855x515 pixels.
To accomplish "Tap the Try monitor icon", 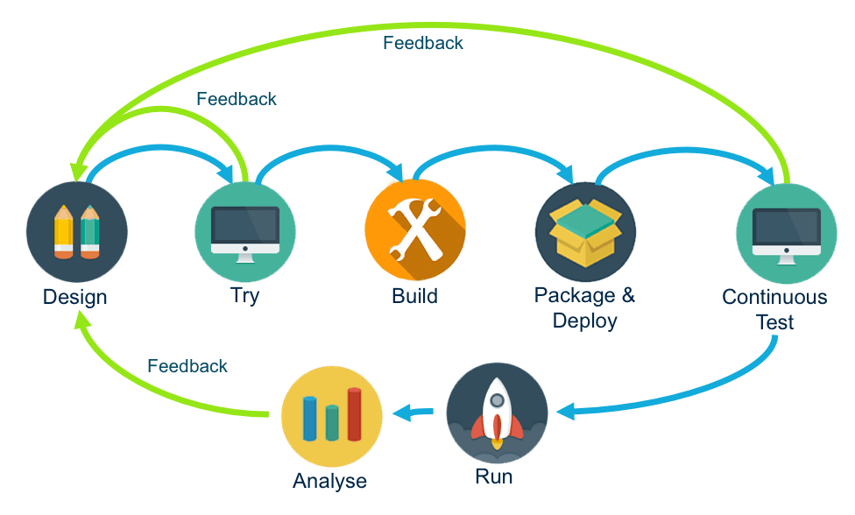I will click(x=245, y=232).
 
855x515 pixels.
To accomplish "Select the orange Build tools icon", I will click(x=415, y=229).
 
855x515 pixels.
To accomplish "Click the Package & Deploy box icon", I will click(x=585, y=232).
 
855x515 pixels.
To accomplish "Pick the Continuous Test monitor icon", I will click(x=775, y=232).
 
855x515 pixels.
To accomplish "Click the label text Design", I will click(x=75, y=297).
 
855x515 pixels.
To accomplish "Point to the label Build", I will click(x=414, y=296).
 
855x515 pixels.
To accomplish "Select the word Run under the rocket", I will click(x=494, y=477).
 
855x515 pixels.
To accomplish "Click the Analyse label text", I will click(x=330, y=481).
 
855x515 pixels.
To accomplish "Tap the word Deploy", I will click(x=585, y=321).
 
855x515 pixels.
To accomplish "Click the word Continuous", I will click(x=774, y=298).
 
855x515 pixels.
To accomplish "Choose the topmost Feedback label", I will click(x=423, y=42).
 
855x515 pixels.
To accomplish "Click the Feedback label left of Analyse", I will click(x=187, y=366).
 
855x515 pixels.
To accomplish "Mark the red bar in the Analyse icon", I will click(x=354, y=414).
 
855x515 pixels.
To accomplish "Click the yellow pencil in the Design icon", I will click(x=64, y=231).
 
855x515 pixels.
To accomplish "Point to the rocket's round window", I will click(x=497, y=400).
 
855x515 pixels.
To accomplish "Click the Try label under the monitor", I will click(x=245, y=296).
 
